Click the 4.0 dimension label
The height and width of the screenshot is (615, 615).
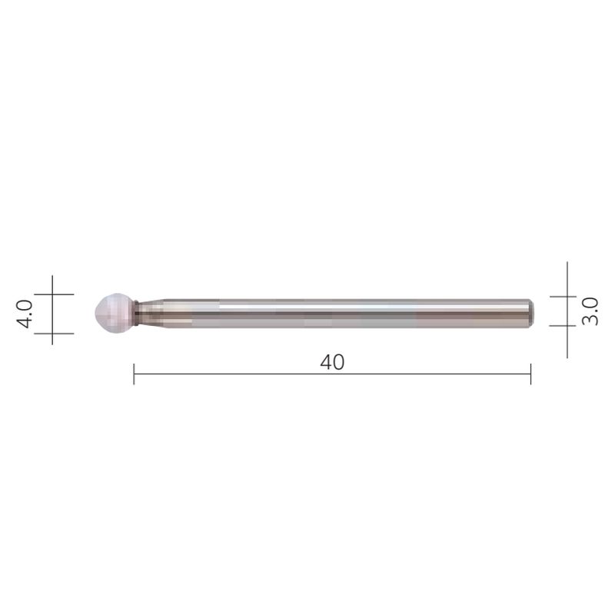(x=25, y=314)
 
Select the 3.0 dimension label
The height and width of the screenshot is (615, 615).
(x=590, y=311)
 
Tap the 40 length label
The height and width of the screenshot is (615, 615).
(x=332, y=361)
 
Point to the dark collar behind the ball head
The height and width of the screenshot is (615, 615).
(x=136, y=311)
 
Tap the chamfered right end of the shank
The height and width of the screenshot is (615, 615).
(x=530, y=311)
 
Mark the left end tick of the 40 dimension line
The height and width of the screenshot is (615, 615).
(x=135, y=374)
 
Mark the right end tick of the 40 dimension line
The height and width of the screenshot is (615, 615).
(x=530, y=374)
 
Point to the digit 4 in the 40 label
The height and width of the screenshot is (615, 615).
(x=325, y=361)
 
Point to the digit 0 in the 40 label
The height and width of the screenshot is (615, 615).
(x=339, y=361)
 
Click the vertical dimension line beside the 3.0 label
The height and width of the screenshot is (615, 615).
(x=567, y=311)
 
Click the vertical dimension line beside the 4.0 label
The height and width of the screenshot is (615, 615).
(x=52, y=313)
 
